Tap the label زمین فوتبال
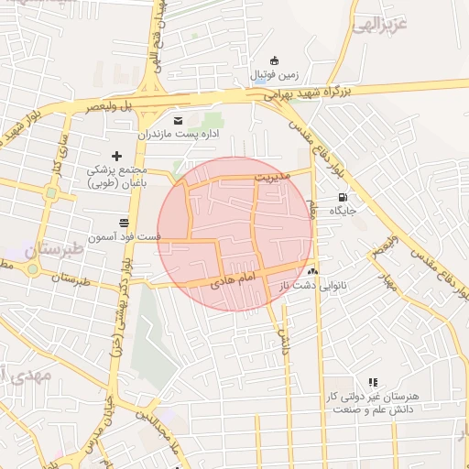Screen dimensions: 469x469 (x=278, y=76)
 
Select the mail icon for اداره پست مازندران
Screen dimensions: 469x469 (x=178, y=120)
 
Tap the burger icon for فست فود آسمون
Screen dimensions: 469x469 (x=124, y=223)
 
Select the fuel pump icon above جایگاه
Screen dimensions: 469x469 (x=343, y=196)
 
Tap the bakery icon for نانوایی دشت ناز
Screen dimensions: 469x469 (x=314, y=272)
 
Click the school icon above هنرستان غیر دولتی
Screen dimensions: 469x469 (x=372, y=382)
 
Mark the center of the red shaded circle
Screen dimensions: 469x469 (x=235, y=234)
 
